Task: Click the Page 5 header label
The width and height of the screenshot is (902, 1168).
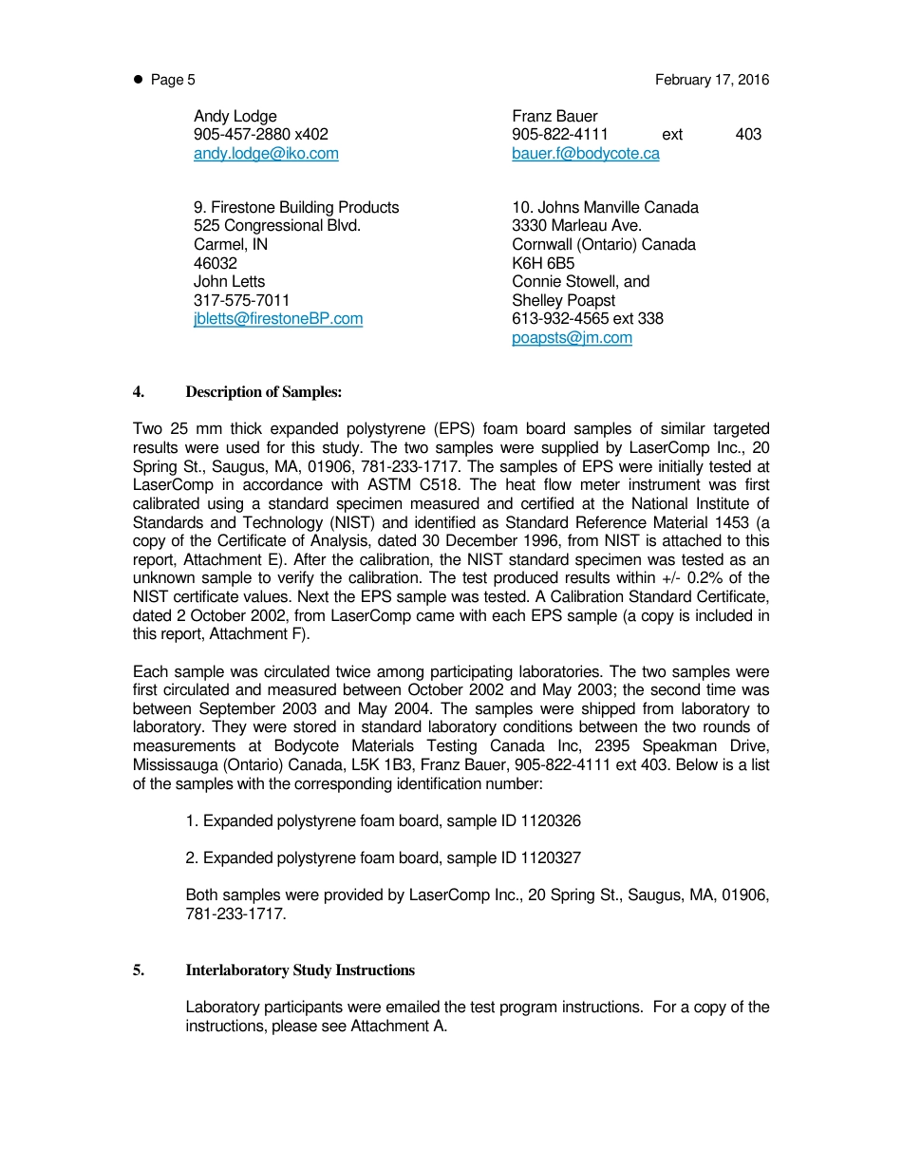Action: point(173,80)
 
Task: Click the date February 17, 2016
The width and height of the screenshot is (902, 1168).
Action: point(712,80)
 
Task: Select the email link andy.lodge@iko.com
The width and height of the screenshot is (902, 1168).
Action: point(266,153)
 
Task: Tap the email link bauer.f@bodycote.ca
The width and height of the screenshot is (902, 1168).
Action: point(585,153)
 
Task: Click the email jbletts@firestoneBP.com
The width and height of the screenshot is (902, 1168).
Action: point(278,319)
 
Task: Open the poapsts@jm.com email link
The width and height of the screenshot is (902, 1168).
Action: point(572,337)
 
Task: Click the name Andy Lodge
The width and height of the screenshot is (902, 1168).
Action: point(235,116)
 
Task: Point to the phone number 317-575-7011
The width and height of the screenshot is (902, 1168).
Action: point(242,300)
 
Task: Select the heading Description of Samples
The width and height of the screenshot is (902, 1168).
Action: point(263,392)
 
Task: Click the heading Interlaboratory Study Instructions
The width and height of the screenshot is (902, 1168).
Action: point(300,970)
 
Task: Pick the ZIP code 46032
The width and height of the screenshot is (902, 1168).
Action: point(216,263)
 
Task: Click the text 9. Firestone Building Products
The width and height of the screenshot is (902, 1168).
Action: point(296,207)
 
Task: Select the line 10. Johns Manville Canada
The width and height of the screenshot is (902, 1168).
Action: point(605,207)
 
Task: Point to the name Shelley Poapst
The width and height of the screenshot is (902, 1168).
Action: point(563,300)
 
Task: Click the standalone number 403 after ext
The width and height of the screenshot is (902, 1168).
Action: point(748,135)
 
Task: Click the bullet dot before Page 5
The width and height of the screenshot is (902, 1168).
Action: point(138,80)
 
